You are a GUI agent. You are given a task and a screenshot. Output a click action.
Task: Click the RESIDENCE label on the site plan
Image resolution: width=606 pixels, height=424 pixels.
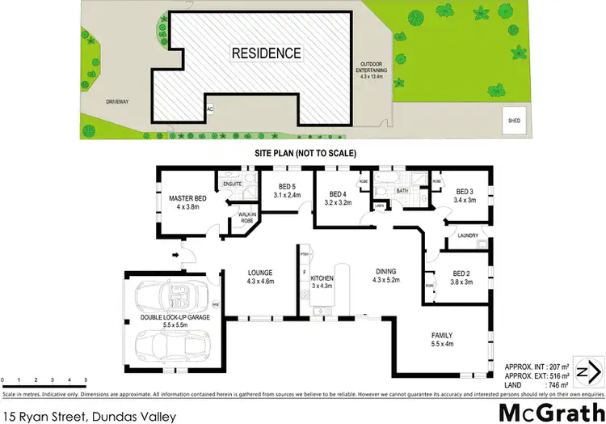[x=267, y=54]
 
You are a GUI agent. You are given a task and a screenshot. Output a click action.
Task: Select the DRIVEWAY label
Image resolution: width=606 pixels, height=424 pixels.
[x=118, y=102]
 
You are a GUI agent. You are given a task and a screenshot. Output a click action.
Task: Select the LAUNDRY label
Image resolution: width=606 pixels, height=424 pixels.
[x=468, y=236]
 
